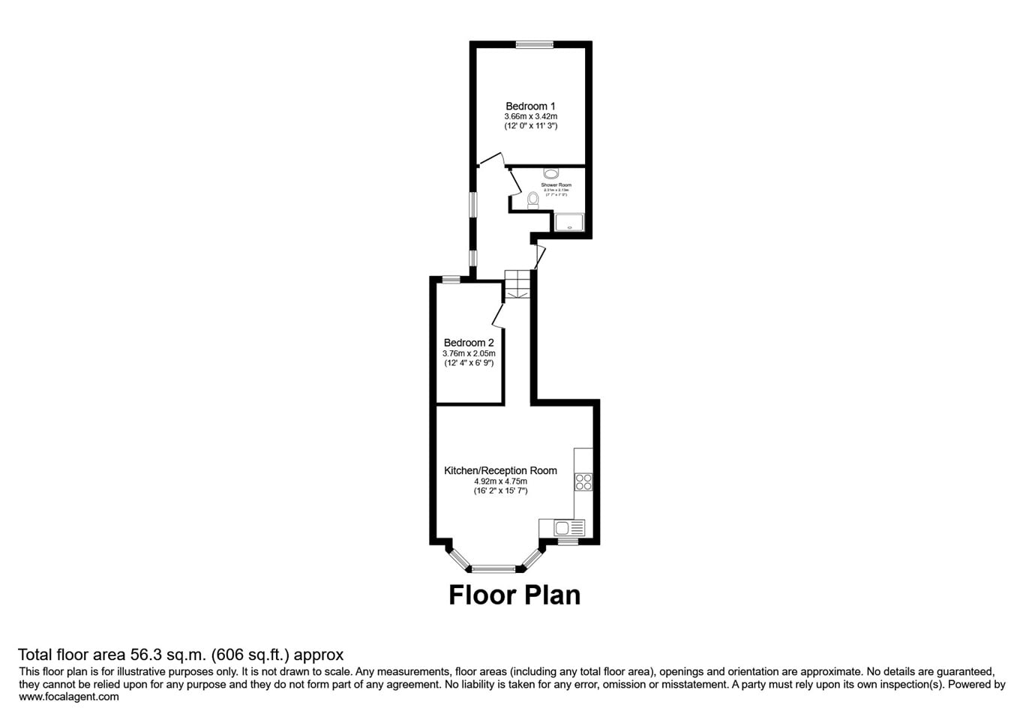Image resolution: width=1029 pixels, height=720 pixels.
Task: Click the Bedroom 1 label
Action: point(530,106)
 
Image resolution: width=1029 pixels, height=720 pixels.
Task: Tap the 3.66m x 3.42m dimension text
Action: point(530,117)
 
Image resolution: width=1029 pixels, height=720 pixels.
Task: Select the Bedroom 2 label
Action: point(469,343)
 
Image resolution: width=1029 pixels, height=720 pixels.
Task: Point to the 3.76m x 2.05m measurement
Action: point(469,353)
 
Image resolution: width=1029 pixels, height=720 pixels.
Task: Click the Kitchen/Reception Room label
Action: point(500,470)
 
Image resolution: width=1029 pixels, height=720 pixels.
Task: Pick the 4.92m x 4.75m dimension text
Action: point(500,481)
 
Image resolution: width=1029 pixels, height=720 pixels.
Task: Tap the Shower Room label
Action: point(556,184)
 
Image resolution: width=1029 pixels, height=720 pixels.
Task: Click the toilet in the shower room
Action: point(533,199)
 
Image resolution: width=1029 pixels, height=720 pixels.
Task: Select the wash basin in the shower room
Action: point(550,173)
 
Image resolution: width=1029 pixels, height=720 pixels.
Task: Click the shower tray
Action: point(569,223)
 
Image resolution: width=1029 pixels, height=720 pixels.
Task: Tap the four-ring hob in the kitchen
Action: point(583,481)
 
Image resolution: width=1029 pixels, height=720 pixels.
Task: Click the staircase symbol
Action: point(517,284)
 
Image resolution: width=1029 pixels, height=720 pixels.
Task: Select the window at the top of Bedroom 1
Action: point(534,45)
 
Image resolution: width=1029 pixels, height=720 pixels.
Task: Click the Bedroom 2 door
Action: point(498,315)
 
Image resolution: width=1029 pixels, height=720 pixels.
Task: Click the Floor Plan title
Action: point(514,595)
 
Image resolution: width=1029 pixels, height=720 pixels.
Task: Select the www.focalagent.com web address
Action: point(69,697)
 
